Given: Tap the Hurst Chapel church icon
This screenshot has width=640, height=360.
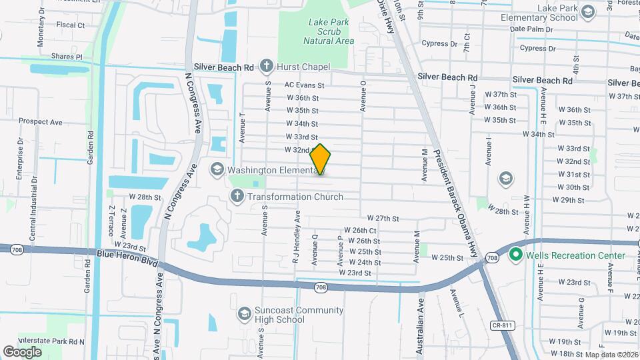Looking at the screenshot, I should (x=267, y=65).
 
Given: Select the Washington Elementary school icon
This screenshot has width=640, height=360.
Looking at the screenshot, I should (x=217, y=169).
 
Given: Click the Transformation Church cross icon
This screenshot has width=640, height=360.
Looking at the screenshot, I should (x=237, y=196).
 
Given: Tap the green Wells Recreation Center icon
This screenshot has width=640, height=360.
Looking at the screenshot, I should (x=515, y=255).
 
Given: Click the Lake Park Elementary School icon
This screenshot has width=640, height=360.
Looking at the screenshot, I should (x=587, y=12).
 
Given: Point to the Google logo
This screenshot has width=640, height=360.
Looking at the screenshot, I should (x=22, y=351).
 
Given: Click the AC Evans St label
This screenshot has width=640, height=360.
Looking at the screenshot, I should (x=304, y=85).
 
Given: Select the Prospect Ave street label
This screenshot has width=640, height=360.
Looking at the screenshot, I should (x=40, y=122).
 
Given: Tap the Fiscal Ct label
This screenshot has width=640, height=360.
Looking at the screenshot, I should (x=71, y=25).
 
